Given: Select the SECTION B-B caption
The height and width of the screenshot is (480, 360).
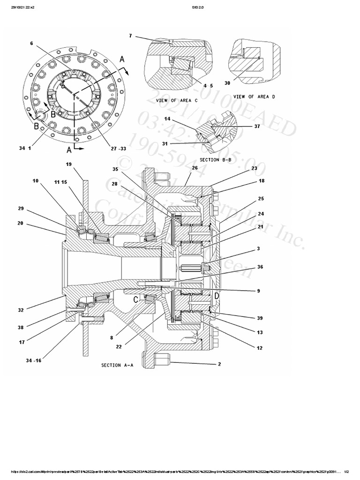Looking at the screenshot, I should click(216, 160).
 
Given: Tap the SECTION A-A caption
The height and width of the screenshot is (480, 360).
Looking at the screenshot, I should click(118, 365).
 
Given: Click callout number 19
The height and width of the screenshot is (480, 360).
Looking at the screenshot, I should click(68, 164).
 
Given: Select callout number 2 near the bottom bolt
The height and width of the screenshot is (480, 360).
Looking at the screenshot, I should click(219, 363).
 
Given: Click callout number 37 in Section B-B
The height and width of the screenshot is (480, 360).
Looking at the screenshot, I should click(257, 126).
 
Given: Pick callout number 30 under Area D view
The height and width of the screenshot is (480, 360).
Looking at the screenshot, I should click(227, 83).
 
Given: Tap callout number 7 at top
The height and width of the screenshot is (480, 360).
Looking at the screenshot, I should click(130, 36).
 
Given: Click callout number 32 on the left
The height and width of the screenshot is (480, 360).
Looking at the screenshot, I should click(20, 309).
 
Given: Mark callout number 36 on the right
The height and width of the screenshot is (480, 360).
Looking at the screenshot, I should click(260, 267).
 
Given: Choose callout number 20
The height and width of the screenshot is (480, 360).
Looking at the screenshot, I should click(20, 223).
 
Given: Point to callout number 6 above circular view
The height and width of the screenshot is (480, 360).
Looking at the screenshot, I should click(31, 43).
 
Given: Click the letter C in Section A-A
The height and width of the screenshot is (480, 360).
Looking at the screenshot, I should click(135, 299).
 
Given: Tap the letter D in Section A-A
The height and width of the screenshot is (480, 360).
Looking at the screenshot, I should click(217, 296).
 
